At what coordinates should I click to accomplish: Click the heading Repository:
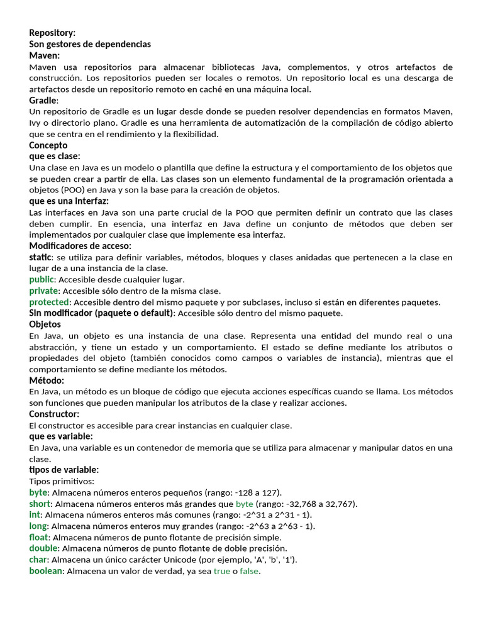click(52, 33)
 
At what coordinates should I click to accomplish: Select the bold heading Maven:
click(45, 55)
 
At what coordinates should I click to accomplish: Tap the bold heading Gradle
click(43, 101)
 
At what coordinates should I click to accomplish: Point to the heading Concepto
click(48, 145)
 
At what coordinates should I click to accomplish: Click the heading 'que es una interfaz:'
click(69, 201)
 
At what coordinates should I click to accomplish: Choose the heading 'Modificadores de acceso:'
click(80, 246)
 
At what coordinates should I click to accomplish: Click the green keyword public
click(42, 279)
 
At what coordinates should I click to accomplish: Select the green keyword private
click(43, 291)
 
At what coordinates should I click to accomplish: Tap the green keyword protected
click(49, 302)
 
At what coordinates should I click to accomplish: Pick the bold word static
click(40, 257)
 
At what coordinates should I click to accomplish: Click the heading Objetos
click(45, 325)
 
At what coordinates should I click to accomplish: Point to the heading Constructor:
click(54, 414)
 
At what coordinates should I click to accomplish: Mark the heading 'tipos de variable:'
click(64, 470)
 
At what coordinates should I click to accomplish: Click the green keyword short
click(40, 504)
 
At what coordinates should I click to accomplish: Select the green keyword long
click(38, 526)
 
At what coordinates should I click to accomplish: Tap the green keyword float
click(38, 537)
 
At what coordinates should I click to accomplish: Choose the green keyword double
click(43, 548)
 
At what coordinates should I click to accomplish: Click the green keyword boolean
click(46, 571)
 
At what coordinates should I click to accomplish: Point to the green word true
click(222, 571)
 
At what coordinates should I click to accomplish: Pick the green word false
click(249, 571)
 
